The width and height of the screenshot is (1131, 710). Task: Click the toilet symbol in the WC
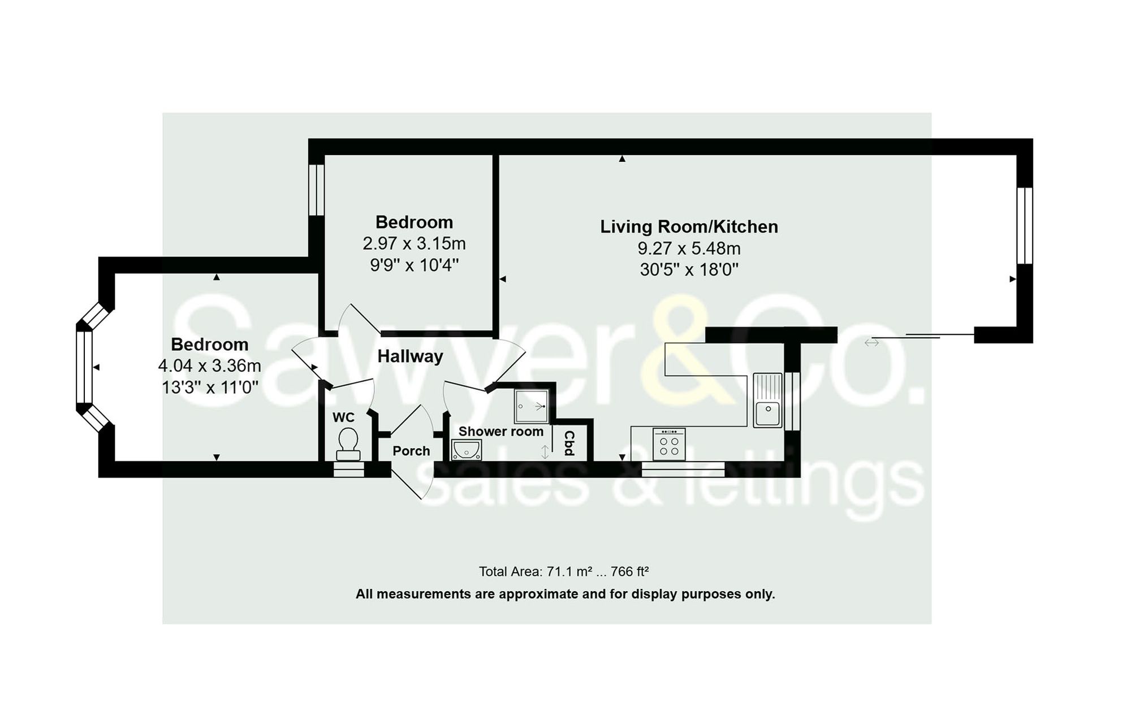[x=348, y=444]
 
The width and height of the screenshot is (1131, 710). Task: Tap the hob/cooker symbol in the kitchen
[x=669, y=444]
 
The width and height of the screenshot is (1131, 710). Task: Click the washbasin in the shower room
[x=467, y=450]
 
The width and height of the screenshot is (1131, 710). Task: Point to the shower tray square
[x=531, y=406]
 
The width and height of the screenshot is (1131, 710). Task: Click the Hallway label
[x=410, y=356]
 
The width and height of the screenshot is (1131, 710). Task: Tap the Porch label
[x=411, y=451]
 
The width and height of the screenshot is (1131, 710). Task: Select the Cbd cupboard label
[x=569, y=443]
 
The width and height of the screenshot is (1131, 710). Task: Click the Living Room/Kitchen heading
[x=689, y=227]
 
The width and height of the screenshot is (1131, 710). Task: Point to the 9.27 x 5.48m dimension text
[x=689, y=248]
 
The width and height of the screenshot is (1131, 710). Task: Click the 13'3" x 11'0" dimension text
[x=210, y=388]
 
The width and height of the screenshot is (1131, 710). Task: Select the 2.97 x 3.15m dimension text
[x=414, y=244]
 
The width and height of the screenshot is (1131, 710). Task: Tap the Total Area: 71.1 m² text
[x=535, y=571]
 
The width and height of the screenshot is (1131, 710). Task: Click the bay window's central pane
[x=84, y=367]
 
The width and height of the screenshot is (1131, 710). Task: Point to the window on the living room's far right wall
[x=1024, y=226]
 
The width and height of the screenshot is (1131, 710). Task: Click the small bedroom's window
[x=316, y=190]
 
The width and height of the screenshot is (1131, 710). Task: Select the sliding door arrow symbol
[x=871, y=342]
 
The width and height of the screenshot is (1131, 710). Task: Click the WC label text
[x=343, y=418]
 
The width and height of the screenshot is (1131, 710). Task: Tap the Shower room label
[x=500, y=432]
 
